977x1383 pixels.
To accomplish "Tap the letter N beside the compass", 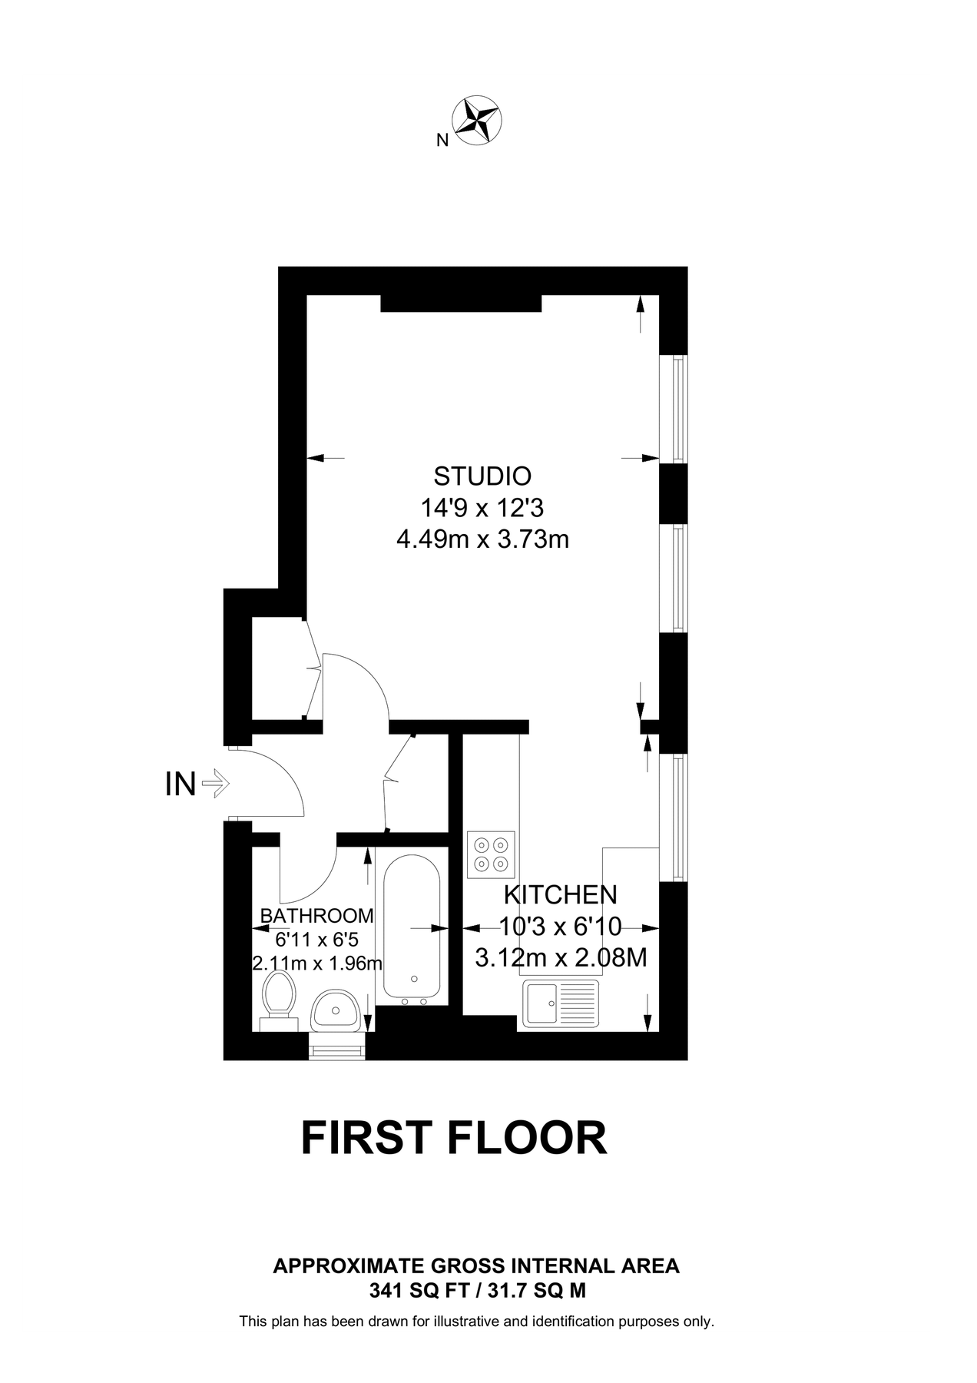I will (x=442, y=140).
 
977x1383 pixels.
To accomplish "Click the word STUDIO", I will (x=482, y=476).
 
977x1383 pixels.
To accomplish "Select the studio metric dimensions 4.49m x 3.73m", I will (x=482, y=539).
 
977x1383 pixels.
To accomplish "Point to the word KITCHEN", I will (x=560, y=894).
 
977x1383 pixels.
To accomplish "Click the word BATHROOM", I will (x=316, y=916).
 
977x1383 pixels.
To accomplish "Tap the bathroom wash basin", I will (x=336, y=1009).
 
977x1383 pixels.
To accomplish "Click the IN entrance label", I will (x=180, y=784).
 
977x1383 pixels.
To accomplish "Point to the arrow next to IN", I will (x=215, y=784).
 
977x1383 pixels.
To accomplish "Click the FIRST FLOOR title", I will (x=454, y=1138).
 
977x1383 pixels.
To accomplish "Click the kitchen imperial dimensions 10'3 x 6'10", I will (x=560, y=927).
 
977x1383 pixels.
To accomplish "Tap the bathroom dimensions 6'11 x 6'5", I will (x=316, y=939).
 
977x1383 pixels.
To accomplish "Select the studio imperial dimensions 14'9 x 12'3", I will (x=482, y=508).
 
